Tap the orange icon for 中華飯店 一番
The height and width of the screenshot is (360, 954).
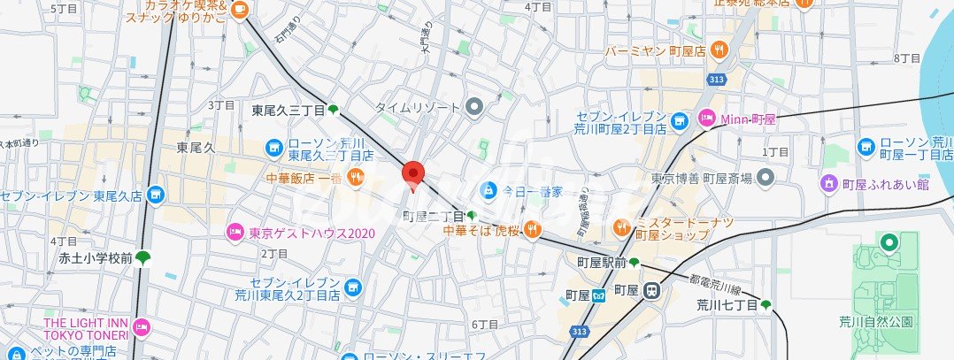click(x=355, y=178)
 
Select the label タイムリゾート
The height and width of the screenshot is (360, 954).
click(x=418, y=107)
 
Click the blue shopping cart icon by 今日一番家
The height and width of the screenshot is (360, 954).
click(x=488, y=190)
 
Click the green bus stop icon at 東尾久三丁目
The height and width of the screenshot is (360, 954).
click(x=334, y=111)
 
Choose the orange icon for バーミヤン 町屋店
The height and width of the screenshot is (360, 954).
click(x=720, y=50)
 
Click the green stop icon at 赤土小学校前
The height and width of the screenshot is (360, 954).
click(x=142, y=258)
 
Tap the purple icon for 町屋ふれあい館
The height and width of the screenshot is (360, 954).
click(x=828, y=184)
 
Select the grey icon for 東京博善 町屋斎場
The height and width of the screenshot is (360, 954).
click(x=766, y=179)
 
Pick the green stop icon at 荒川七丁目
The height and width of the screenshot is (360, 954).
click(x=766, y=305)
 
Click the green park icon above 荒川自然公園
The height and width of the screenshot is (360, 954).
click(x=889, y=241)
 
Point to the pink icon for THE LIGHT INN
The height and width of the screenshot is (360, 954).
click(x=142, y=329)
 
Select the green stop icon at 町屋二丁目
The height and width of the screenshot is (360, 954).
click(x=472, y=216)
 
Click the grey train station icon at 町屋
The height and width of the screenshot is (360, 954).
click(x=652, y=289)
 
